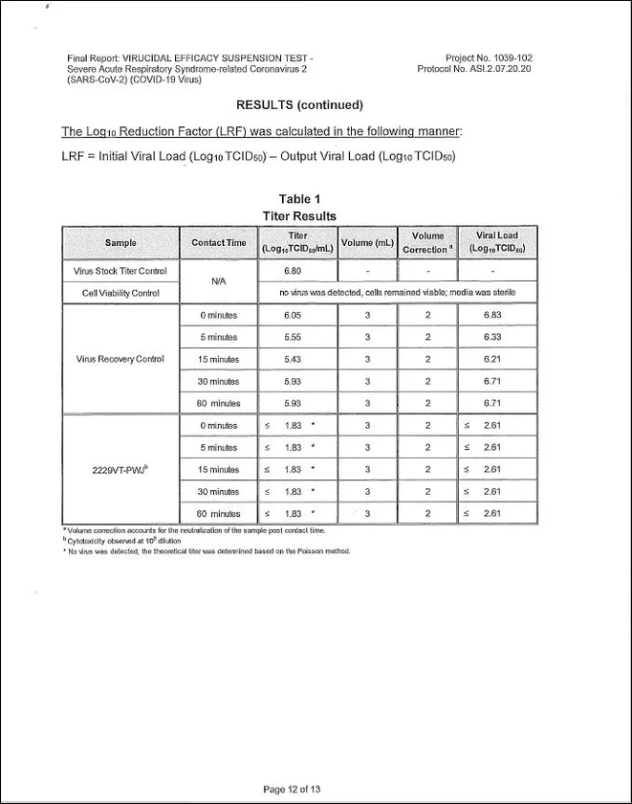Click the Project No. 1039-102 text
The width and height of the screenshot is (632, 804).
[x=489, y=57]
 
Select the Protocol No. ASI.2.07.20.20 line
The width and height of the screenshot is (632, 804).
[x=474, y=69]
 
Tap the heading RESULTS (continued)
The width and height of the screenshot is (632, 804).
[x=299, y=103]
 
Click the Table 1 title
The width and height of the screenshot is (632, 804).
[x=299, y=199]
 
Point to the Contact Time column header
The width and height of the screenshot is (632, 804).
[x=219, y=242]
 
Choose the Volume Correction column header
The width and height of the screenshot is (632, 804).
[x=427, y=242]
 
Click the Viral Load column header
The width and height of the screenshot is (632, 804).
[x=497, y=242]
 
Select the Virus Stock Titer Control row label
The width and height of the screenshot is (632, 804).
[x=120, y=271]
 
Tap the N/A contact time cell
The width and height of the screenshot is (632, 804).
[x=219, y=281]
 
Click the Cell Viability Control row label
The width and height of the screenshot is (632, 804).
[x=120, y=293]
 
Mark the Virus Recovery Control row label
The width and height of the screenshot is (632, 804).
[x=120, y=359]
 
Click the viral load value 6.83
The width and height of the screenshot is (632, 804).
[x=492, y=315]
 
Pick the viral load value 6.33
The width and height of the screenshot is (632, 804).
[x=492, y=337]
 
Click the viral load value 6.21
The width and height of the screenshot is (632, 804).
[x=492, y=359]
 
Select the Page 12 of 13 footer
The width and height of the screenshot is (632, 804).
[x=292, y=789]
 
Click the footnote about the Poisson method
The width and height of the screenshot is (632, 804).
[x=207, y=551]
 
